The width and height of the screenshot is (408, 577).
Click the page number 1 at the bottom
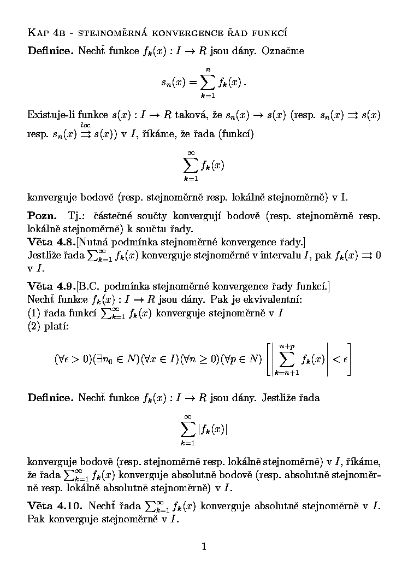coord(204,545)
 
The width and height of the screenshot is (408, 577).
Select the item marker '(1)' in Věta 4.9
coord(33,313)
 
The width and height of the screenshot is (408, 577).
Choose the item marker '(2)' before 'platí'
coord(33,326)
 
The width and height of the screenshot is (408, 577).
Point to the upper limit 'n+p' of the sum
coord(287,346)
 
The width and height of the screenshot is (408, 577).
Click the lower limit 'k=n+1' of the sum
coord(287,372)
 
